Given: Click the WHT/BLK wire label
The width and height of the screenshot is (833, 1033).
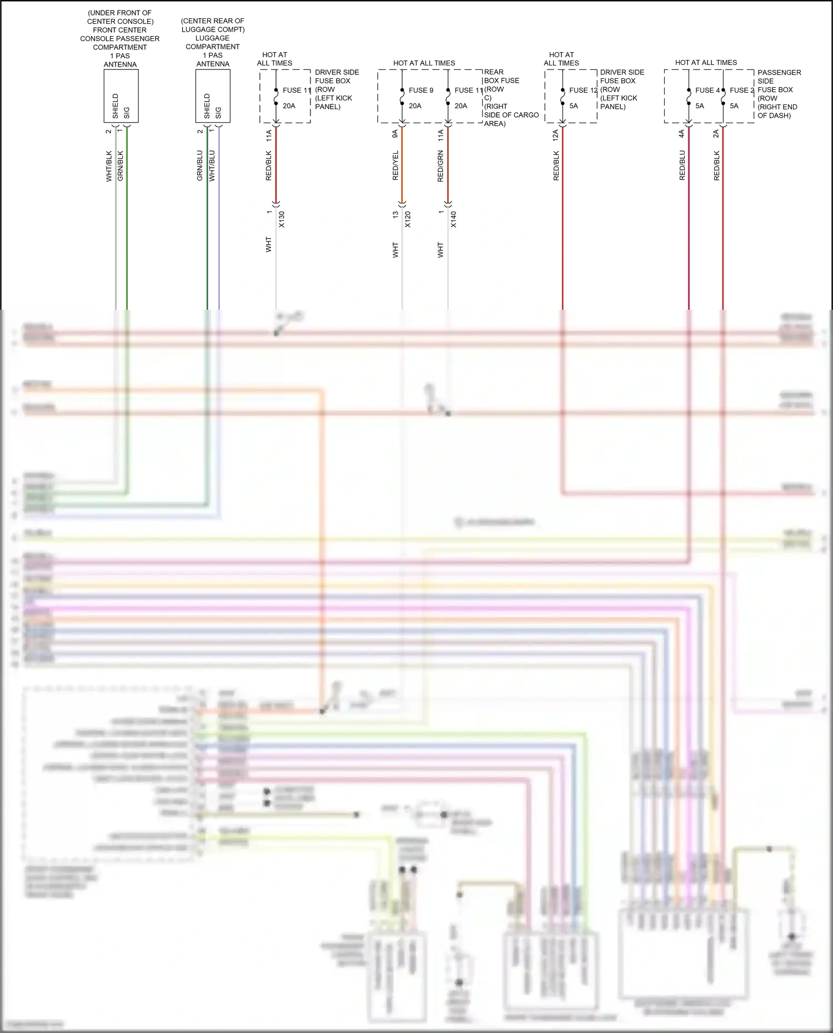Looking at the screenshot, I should pyautogui.click(x=109, y=165).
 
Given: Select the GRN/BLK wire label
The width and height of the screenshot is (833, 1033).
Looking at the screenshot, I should pyautogui.click(x=121, y=165).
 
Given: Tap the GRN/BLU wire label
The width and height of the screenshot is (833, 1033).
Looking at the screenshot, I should pyautogui.click(x=200, y=165).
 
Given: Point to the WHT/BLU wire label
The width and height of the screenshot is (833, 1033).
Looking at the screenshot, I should pyautogui.click(x=212, y=165).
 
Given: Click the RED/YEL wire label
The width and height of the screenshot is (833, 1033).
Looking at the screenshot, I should pyautogui.click(x=395, y=165).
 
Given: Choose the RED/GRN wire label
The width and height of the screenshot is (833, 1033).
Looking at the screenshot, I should pyautogui.click(x=440, y=165).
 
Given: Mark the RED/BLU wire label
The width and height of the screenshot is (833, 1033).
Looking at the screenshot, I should pyautogui.click(x=682, y=165).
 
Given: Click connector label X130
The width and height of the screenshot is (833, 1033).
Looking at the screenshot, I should pyautogui.click(x=282, y=219).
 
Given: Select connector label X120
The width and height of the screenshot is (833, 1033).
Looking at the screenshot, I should pyautogui.click(x=408, y=219).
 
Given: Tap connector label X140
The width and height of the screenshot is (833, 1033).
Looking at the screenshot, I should pyautogui.click(x=453, y=219).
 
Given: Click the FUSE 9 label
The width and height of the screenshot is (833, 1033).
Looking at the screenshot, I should pyautogui.click(x=421, y=90).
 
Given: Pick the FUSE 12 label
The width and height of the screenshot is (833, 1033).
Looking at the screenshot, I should pyautogui.click(x=583, y=90).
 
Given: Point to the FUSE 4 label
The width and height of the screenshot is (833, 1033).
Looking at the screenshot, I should pyautogui.click(x=707, y=90).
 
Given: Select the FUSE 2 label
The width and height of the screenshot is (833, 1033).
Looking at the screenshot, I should pyautogui.click(x=741, y=90).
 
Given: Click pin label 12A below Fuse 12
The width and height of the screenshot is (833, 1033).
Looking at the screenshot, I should pyautogui.click(x=555, y=135).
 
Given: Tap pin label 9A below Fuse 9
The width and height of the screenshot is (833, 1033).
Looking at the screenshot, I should pyautogui.click(x=395, y=134).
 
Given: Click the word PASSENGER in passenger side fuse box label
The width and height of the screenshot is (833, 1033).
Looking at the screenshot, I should pyautogui.click(x=779, y=72).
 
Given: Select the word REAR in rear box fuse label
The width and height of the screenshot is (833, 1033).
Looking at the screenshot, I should pyautogui.click(x=494, y=72).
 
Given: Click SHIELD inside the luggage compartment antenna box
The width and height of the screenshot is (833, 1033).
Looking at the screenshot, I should pyautogui.click(x=207, y=105).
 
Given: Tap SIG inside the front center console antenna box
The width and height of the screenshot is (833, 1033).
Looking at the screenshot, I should pyautogui.click(x=127, y=112).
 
